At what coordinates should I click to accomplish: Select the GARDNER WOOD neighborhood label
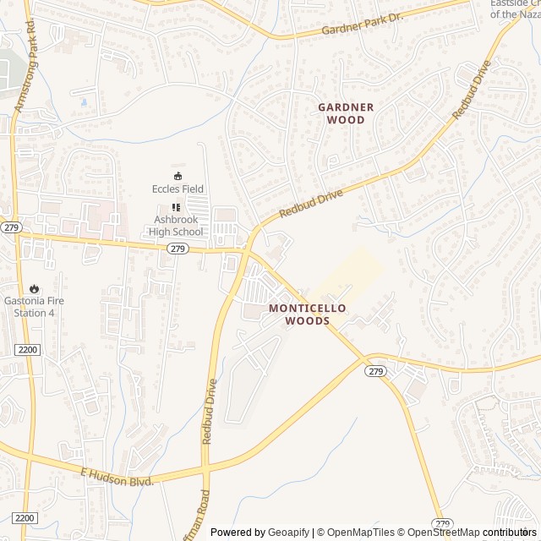346,113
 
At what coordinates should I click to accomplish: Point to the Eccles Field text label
178,189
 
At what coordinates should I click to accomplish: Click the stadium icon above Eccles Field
178,175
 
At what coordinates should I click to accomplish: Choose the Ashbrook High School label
178,226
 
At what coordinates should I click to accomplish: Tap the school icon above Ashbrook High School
177,207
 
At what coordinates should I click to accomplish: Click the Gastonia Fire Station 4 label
34,306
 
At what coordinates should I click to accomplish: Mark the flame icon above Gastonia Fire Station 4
34,289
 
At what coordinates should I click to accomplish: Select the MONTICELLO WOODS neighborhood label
307,314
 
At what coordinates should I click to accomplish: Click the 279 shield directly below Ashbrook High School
177,249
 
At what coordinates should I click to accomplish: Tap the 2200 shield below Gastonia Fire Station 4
27,349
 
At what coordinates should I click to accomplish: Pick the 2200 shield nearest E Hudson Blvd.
25,517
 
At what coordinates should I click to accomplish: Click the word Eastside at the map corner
514,3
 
